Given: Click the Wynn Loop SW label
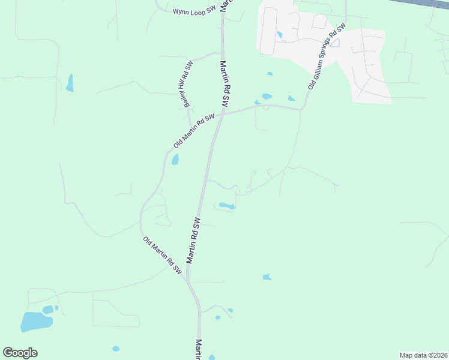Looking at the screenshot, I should [x=193, y=11].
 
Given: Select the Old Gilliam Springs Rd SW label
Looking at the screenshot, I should [x=327, y=57].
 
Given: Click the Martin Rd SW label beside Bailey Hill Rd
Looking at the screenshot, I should [x=225, y=84].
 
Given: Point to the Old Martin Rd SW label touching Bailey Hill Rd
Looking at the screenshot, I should [x=193, y=131].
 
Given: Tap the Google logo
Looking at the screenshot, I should [x=20, y=353].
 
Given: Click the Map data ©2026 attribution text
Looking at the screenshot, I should [x=423, y=355].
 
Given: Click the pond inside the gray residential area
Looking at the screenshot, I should [x=280, y=35].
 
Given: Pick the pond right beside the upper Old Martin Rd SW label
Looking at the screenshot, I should [x=175, y=160].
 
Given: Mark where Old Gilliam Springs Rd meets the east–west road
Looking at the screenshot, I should [x=302, y=109].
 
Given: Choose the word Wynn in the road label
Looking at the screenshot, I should [x=181, y=11].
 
